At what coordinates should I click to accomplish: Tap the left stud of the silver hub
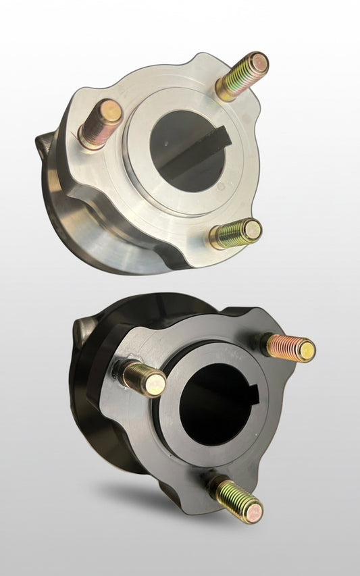[x=100, y=124]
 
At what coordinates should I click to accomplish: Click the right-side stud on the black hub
[x=289, y=346]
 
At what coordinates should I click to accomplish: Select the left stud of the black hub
[x=143, y=378]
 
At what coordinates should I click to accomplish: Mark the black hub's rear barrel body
[x=101, y=432]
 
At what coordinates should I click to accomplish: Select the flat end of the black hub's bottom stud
[x=253, y=513]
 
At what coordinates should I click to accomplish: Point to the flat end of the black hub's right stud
[x=306, y=350]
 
